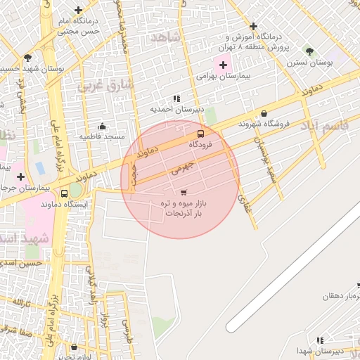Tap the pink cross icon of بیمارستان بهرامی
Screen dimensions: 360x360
(224, 65)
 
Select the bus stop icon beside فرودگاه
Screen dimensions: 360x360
(200, 134)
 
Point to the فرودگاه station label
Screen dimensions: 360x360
(200, 144)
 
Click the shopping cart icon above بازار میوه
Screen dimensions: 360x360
(184, 192)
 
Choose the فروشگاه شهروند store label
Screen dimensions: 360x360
(264, 124)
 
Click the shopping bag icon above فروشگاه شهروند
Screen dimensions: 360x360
(264, 113)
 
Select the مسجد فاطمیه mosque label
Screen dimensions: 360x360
(101, 136)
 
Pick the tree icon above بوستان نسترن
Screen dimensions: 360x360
(309, 51)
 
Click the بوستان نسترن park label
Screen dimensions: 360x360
(309, 63)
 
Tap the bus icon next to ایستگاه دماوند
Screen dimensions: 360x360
(65, 193)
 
